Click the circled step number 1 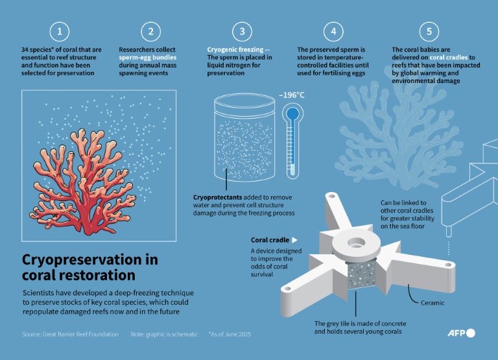[60, 31]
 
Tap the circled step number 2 [151, 31]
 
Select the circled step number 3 [242, 31]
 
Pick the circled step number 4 [333, 31]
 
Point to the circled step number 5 [429, 31]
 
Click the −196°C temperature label [292, 95]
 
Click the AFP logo [461, 333]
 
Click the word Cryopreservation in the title [81, 259]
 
